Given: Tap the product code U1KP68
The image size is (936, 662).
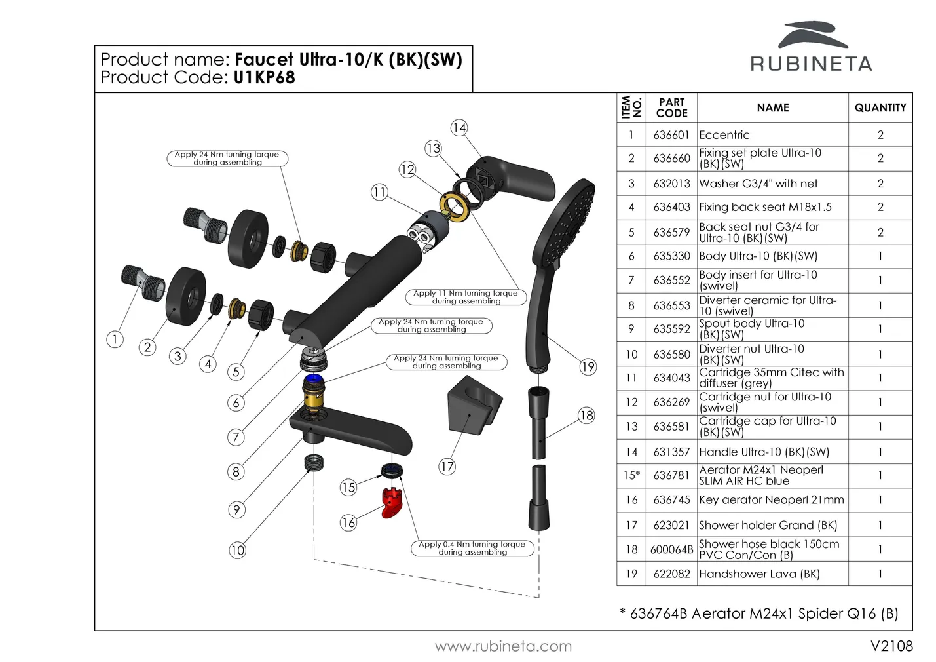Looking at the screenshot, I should [264, 78].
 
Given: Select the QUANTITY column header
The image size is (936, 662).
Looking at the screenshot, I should [880, 107].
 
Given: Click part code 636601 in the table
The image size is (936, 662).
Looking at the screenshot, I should [671, 135].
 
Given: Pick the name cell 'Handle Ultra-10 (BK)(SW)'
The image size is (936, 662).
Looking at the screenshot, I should [764, 452].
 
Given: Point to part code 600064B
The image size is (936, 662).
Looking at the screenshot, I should [671, 549].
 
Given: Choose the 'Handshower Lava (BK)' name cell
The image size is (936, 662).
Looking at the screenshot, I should [759, 574].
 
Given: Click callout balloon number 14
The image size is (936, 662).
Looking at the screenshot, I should [459, 128].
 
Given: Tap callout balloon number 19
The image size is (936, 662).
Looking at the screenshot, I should [588, 367].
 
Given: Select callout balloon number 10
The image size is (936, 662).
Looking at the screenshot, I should [237, 550].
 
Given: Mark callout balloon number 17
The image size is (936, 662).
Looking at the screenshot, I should [447, 467].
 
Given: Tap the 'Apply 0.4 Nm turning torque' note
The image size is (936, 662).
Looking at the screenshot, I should [472, 548].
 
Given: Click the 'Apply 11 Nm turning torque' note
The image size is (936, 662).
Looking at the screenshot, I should [466, 297].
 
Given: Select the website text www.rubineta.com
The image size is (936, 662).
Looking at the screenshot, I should [503, 646].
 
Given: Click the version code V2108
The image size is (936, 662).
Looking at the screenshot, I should [891, 646].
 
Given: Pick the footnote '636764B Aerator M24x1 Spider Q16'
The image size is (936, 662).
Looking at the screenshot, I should [764, 613].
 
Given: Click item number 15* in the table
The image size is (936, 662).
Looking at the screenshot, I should [631, 475].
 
